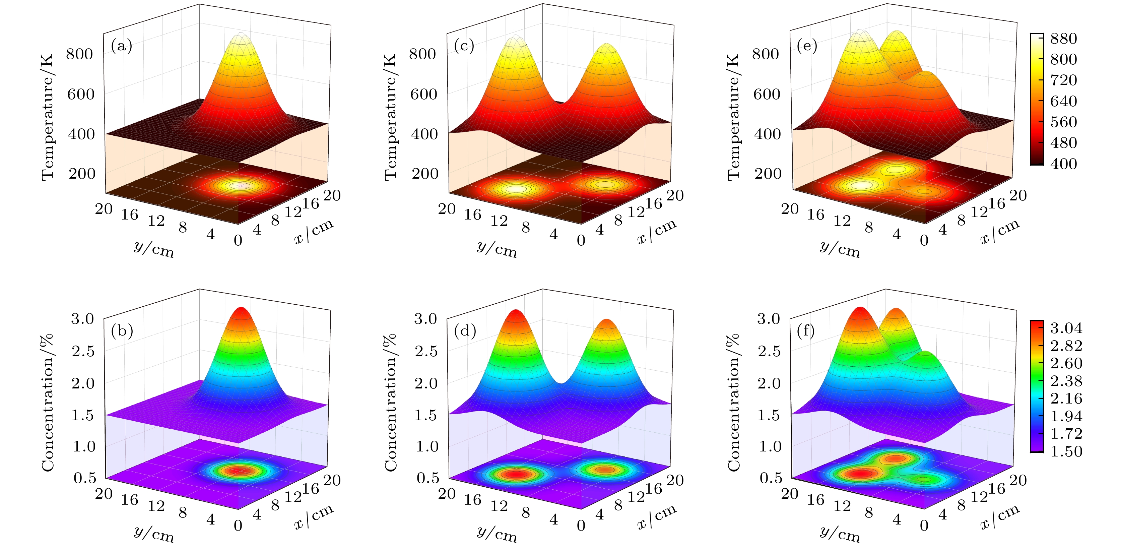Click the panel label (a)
(x=121, y=46)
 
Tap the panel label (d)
(x=465, y=331)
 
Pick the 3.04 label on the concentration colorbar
(x=1066, y=328)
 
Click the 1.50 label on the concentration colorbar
(x=1066, y=451)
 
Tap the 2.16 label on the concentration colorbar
(x=1066, y=398)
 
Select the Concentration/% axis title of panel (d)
(x=390, y=402)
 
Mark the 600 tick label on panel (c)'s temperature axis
(x=423, y=94)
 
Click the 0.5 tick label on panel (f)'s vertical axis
(x=771, y=478)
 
